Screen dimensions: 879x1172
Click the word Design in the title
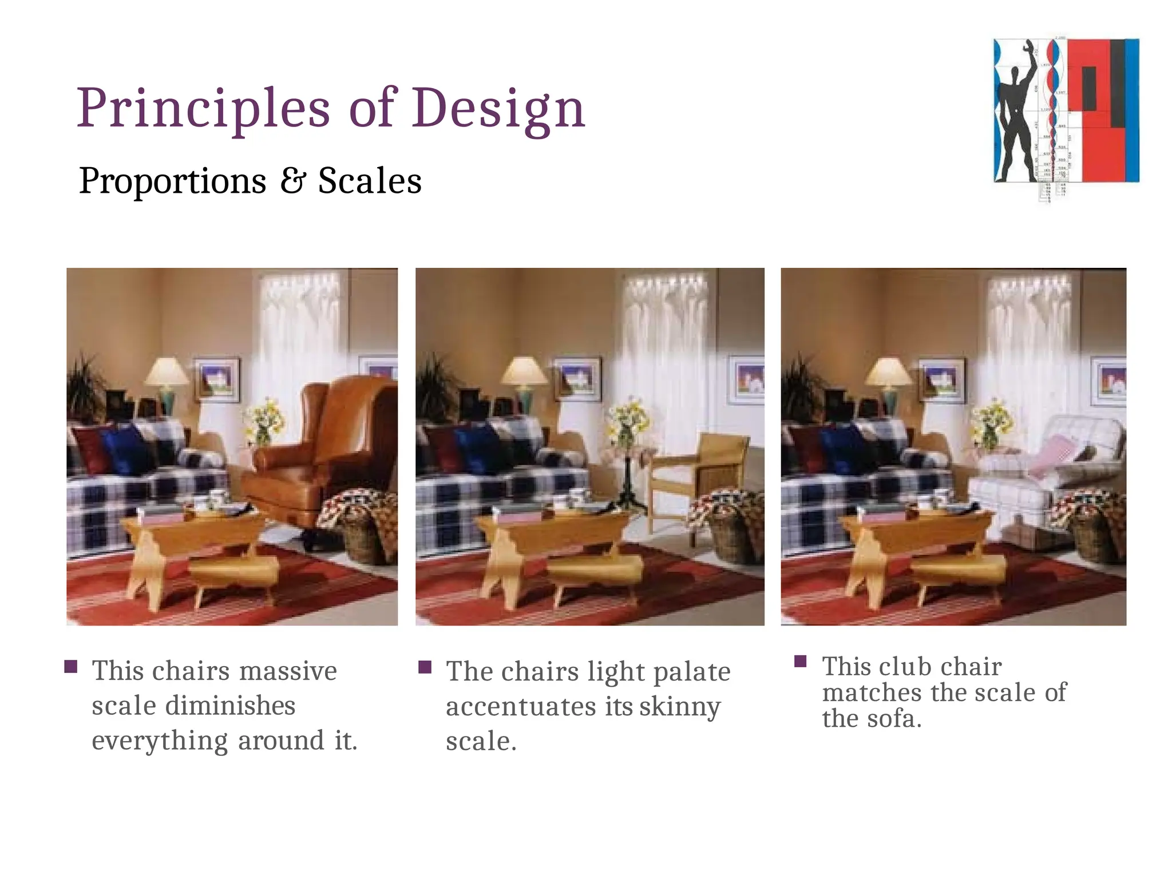click(498, 109)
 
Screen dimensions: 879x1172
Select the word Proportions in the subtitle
click(172, 181)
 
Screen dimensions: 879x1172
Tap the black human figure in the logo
click(1016, 114)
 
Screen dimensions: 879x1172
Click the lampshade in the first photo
click(167, 371)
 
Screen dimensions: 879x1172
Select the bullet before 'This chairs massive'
click(71, 667)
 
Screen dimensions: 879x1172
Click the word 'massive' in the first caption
click(288, 671)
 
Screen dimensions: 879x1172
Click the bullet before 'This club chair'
click(801, 662)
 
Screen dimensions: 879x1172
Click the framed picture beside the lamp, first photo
click(217, 378)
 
